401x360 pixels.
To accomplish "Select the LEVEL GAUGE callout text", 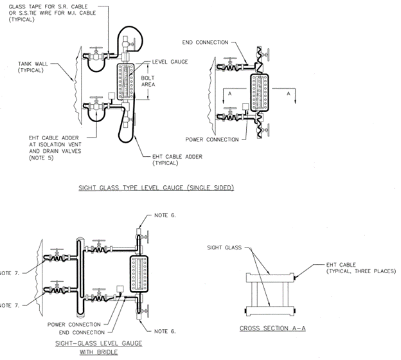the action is coord(170,62).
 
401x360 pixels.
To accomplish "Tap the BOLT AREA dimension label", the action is coord(148,81).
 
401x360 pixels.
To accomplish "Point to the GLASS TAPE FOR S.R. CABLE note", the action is coord(52,13).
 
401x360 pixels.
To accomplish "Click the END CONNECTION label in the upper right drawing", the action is coord(205,42).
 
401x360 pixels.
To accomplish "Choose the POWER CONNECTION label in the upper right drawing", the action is coord(212,139).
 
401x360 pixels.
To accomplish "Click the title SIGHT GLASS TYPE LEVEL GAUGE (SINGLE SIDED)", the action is coord(156,188).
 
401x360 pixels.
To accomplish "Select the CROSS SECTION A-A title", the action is coord(272,328).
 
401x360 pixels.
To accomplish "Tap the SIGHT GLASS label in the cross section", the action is coord(224,248).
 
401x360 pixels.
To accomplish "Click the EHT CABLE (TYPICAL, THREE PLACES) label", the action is coord(361,268).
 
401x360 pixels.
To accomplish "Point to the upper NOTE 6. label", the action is coord(165,215).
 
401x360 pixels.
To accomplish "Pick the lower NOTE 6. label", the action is coord(165,331).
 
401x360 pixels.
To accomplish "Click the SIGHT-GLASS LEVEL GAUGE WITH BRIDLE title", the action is coord(99,347).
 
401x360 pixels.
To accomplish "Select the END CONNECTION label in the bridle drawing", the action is coord(82,332).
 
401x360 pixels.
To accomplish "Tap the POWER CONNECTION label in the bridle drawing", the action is coord(74,325).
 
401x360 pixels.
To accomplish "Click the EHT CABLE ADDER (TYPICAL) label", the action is coord(177,159).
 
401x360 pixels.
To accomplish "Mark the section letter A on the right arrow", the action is coord(289,94).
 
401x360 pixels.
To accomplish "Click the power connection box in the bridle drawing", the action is coord(120,289).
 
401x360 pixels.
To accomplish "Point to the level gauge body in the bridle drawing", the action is coord(139,274).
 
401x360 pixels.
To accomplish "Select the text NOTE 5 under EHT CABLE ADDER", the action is coord(41,157).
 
